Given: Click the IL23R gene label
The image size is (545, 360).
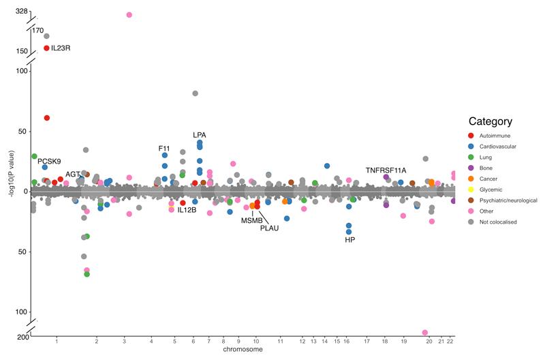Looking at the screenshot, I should coord(62,48).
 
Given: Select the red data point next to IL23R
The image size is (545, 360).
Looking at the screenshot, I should coord(46,48).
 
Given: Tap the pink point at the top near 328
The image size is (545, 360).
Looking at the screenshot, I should coord(129,14).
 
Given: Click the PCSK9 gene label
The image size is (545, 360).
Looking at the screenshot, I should coord(50,162).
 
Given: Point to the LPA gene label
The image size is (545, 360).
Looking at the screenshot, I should coord(200,135).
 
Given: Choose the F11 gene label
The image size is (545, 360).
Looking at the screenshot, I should coord(164,148).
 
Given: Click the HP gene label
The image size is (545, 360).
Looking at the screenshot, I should coord(349,240).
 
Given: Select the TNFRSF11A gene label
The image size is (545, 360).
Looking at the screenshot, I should coord(386,170).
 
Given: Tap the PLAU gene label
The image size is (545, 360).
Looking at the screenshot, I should coord(270,228).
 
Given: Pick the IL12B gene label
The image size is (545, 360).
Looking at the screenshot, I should coord(187,210).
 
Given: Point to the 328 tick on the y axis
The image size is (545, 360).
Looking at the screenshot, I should coord(21,12).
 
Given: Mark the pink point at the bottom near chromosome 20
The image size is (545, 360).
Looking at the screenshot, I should coord(425,333).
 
